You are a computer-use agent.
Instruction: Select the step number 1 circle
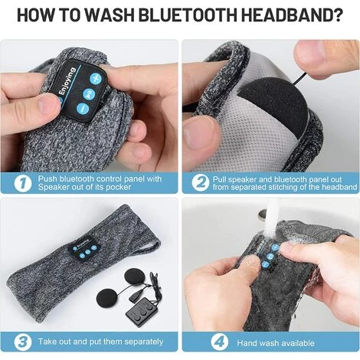22,182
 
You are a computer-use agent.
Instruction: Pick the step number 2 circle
201,182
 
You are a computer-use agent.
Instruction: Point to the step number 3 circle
22,341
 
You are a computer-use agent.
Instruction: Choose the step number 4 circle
201,341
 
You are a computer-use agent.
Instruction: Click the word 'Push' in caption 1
46,178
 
